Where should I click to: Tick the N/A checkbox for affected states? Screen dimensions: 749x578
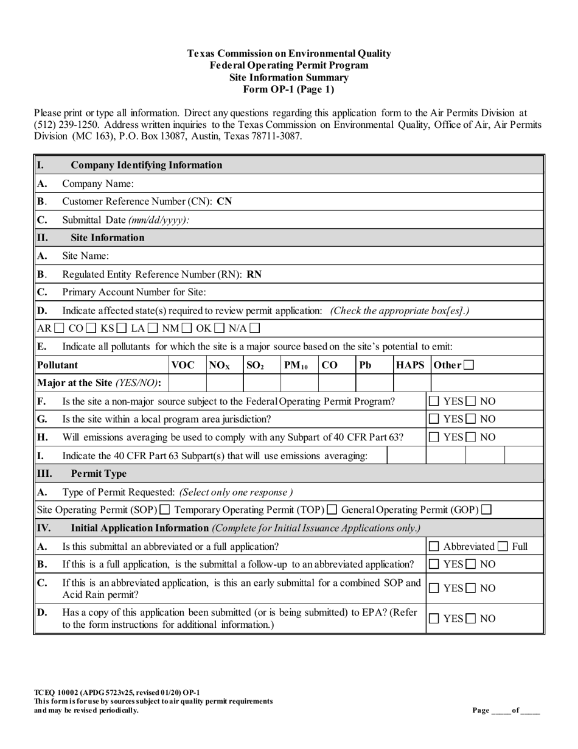pos(254,329)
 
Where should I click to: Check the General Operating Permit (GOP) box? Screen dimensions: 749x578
pos(486,510)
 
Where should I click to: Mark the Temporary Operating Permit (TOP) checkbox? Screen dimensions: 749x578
pos(332,510)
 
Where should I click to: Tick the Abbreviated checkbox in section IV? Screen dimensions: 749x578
pos(434,547)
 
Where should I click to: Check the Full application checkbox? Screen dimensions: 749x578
pos(503,547)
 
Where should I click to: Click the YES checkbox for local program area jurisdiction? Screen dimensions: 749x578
pos(434,419)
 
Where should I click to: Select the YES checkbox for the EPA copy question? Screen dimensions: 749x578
pos(434,619)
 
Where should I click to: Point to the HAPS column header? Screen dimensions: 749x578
pos(410,365)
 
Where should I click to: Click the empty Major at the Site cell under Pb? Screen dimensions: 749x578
pos(374,383)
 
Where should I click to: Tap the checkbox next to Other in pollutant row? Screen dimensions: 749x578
pos(468,365)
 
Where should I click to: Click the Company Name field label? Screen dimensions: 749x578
pos(98,183)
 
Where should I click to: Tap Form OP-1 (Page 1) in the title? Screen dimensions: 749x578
pos(289,89)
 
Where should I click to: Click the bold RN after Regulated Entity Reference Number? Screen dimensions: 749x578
pos(254,274)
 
